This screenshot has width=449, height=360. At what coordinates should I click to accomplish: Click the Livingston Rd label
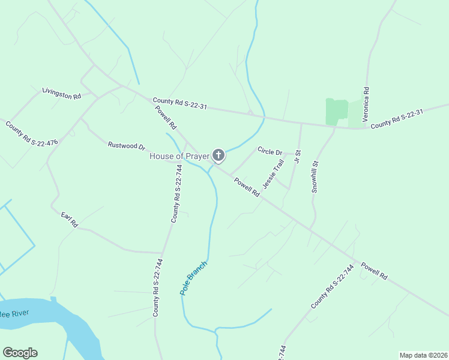click(x=61, y=94)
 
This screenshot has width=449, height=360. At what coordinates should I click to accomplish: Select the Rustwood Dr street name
click(x=127, y=146)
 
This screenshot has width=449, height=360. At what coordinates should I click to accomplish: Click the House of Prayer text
click(x=179, y=157)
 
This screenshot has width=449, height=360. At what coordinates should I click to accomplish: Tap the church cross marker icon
click(x=218, y=156)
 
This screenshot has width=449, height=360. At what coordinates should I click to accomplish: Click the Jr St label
click(x=297, y=162)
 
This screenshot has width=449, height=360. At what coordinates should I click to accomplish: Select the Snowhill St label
click(x=315, y=176)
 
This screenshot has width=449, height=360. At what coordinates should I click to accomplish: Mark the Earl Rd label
click(x=70, y=220)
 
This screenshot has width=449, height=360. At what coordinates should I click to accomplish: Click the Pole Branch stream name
click(x=194, y=277)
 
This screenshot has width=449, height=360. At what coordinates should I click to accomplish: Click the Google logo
click(x=20, y=353)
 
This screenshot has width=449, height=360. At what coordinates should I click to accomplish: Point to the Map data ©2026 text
click(x=423, y=355)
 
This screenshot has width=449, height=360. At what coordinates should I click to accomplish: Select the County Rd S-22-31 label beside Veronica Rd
click(x=397, y=119)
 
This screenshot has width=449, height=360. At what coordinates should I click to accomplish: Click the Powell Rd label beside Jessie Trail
click(x=247, y=188)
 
